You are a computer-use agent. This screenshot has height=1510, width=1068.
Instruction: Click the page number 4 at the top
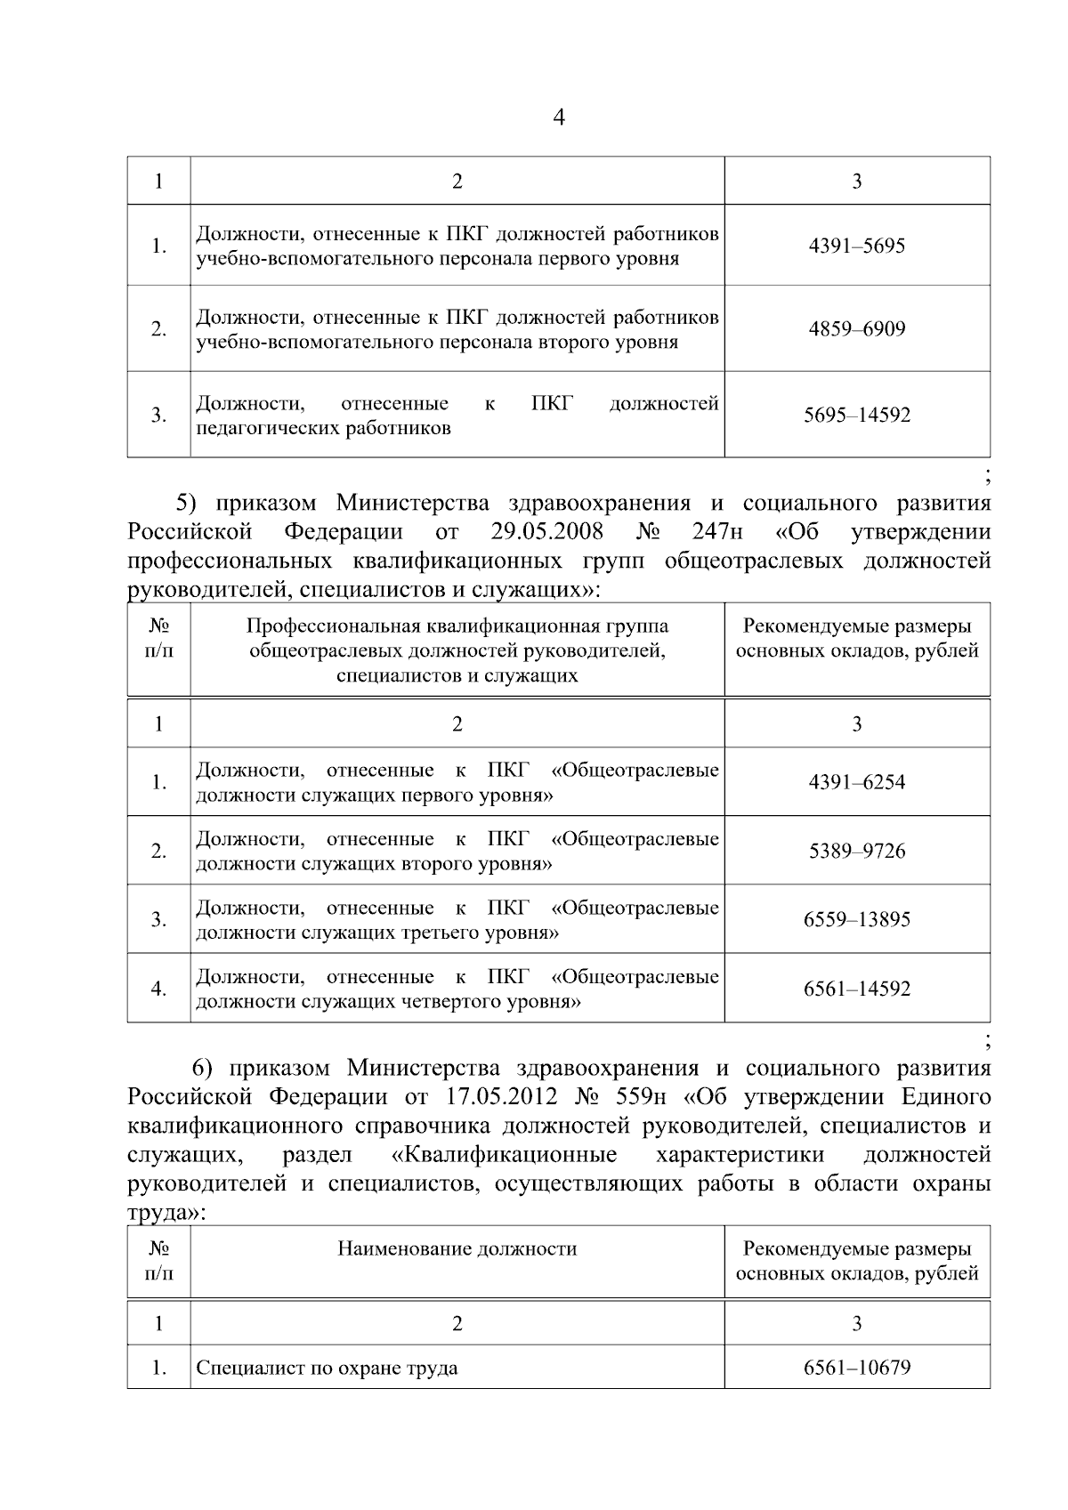coord(559,118)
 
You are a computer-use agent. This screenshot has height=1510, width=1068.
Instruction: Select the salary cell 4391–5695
coord(856,246)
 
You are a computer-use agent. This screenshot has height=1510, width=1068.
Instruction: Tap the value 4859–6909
coord(856,329)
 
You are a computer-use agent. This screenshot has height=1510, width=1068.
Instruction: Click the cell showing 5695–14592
coord(856,416)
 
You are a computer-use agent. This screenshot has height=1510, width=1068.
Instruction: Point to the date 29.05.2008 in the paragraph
coord(546,532)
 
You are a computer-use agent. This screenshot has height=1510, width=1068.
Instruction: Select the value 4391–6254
coord(856,782)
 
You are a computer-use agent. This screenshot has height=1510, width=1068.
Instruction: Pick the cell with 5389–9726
coord(856,852)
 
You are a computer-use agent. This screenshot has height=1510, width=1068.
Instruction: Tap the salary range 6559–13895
coord(856,920)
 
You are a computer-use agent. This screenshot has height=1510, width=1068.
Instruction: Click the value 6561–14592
coord(856,989)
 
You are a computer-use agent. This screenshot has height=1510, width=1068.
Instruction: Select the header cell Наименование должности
coord(457,1249)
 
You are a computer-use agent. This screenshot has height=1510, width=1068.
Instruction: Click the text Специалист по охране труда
coord(327,1369)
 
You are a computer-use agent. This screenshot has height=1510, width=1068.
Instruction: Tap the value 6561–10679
coord(856,1368)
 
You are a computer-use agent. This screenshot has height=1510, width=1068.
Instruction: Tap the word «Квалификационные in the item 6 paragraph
coord(504,1155)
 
